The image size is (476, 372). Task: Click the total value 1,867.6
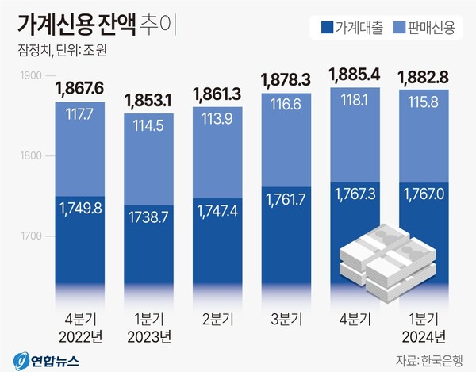80,87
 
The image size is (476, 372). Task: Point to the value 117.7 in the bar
80,115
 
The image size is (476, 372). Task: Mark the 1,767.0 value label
426,194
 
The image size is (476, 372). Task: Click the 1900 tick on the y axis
31,75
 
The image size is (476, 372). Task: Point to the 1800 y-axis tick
31,156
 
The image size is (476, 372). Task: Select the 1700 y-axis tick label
31,236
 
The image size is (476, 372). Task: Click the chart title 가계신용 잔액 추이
96,25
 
